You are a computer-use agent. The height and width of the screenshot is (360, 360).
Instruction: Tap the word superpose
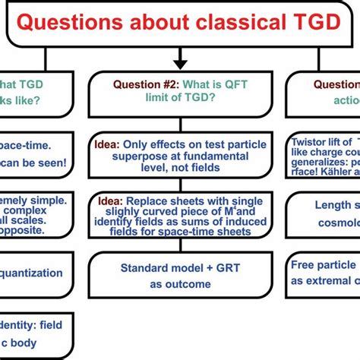[122, 156]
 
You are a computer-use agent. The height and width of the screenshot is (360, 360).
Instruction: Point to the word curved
[155, 214]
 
